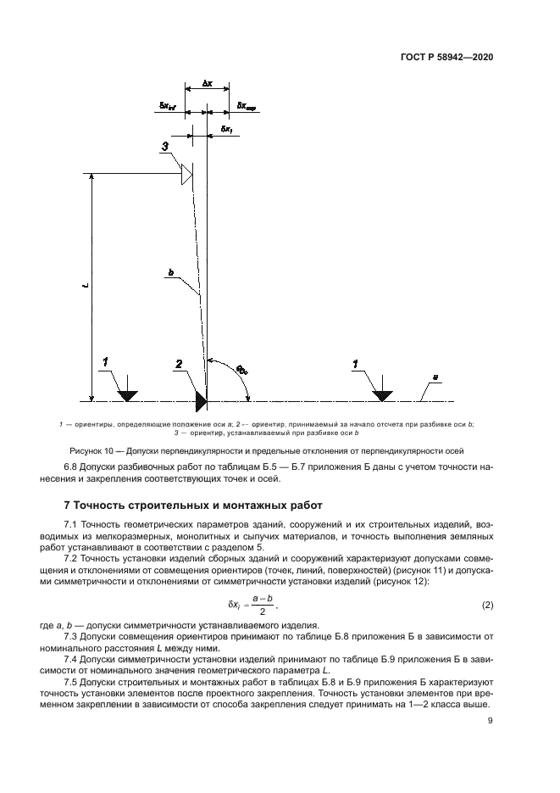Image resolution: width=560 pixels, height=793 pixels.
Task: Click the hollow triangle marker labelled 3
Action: pos(186,176)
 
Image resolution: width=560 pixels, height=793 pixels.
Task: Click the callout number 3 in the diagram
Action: pos(166,147)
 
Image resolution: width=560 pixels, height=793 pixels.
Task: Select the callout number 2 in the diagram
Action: pos(178,364)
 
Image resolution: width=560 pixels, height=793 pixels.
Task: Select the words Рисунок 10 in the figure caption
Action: pos(86,450)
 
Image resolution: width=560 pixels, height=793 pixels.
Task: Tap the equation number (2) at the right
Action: pos(487,605)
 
